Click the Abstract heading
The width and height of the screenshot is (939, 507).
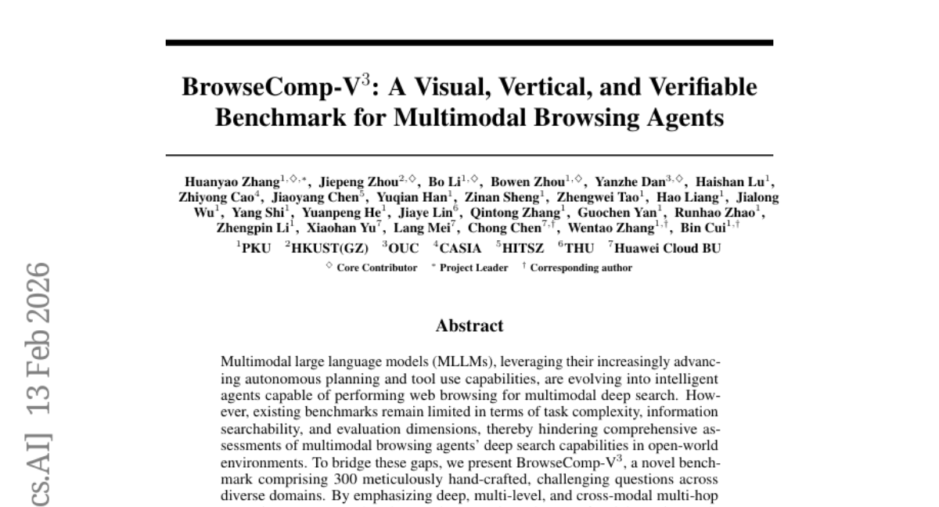tap(469, 325)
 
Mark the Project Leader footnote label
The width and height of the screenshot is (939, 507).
tap(473, 268)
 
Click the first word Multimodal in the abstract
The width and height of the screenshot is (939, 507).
tap(254, 362)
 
